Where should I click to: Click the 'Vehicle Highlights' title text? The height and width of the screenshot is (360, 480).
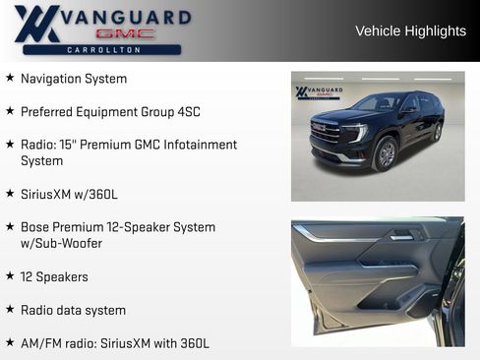coord(410,31)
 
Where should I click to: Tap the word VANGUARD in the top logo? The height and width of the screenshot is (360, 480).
coord(126,18)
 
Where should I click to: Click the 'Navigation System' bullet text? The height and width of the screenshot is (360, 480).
coord(74,79)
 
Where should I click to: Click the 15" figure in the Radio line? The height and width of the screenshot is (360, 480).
coord(70,145)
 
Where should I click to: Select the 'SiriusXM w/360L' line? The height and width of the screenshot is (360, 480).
coord(69,195)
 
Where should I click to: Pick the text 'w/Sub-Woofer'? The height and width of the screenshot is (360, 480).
coord(61,243)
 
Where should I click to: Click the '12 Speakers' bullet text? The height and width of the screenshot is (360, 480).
coord(54,277)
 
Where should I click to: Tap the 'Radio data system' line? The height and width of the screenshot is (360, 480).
coord(73,310)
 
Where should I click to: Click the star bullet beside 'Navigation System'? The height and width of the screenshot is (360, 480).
coord(10,78)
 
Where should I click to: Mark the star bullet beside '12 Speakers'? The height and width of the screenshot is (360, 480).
coord(10,276)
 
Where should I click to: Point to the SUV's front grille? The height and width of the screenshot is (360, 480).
coord(326,132)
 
